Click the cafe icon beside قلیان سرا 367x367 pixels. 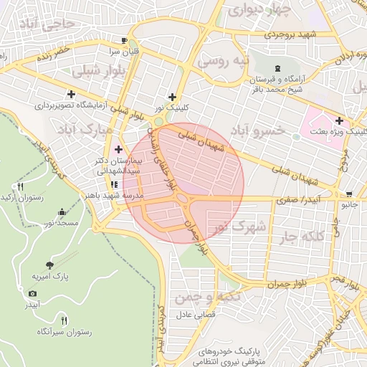(x=125, y=40)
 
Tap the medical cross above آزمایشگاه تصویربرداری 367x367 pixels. (x=70, y=94)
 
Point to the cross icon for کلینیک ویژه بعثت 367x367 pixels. (x=338, y=121)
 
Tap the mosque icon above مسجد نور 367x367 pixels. (x=62, y=212)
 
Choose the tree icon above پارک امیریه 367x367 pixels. (x=49, y=264)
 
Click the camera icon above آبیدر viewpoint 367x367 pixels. (x=32, y=294)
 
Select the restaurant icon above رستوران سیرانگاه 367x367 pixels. (x=64, y=320)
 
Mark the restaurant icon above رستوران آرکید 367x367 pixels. (x=19, y=186)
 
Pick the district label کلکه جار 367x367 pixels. (x=300, y=236)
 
